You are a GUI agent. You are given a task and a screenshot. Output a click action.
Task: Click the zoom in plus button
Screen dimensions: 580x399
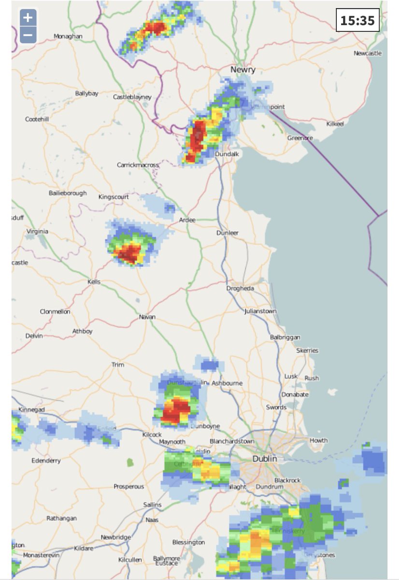pyautogui.click(x=28, y=18)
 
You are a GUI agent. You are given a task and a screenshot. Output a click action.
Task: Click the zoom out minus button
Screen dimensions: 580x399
pyautogui.click(x=28, y=35)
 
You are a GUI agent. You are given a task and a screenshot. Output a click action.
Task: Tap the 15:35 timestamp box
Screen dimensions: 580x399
pyautogui.click(x=357, y=20)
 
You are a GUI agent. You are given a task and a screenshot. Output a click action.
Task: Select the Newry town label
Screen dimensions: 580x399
pyautogui.click(x=243, y=70)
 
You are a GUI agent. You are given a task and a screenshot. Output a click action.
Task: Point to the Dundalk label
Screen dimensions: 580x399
pyautogui.click(x=227, y=154)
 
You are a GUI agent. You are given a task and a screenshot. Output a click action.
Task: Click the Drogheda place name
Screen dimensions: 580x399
pyautogui.click(x=240, y=289)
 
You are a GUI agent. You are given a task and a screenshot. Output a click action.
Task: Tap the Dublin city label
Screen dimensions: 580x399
pyautogui.click(x=265, y=458)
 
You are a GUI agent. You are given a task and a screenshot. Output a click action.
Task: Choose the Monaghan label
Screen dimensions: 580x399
pyautogui.click(x=68, y=36)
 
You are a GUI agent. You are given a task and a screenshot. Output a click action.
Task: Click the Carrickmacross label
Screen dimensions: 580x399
pyautogui.click(x=138, y=165)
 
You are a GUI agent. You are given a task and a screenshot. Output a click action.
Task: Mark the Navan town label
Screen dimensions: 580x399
pyautogui.click(x=147, y=317)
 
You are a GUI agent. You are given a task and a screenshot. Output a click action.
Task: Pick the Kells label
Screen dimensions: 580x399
pyautogui.click(x=94, y=282)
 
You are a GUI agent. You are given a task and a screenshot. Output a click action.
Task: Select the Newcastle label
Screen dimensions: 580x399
pyautogui.click(x=368, y=53)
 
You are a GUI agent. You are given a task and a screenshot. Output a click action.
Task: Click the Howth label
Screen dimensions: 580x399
pyautogui.click(x=318, y=440)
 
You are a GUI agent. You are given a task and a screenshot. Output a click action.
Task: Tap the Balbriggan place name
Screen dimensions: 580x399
pyautogui.click(x=285, y=337)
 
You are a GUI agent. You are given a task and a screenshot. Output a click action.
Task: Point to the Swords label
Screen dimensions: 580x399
pyautogui.click(x=276, y=407)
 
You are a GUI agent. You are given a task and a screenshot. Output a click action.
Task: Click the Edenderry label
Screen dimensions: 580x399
pyautogui.click(x=46, y=461)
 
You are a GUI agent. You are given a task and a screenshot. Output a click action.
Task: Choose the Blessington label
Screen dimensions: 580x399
pyautogui.click(x=188, y=542)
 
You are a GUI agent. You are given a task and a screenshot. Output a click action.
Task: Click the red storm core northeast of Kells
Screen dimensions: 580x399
pyautogui.click(x=129, y=253)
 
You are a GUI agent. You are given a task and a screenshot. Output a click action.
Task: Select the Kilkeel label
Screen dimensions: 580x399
pyautogui.click(x=335, y=124)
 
